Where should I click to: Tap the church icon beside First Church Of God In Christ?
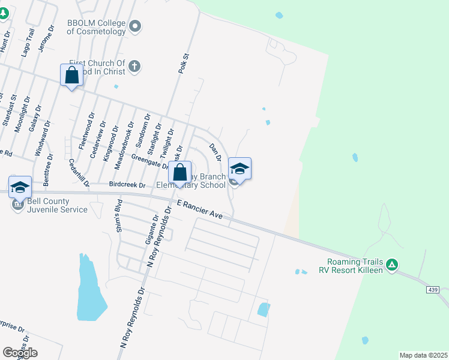click(135, 67)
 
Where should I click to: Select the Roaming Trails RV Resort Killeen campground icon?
click(391, 264)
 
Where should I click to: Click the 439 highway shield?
click(433, 290)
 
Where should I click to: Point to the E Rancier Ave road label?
click(200, 211)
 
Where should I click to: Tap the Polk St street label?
click(183, 64)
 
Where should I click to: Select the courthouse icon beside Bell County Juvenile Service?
click(16, 205)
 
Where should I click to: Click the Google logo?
click(20, 352)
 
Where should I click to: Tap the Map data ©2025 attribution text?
click(423, 355)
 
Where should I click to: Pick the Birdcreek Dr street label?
click(127, 185)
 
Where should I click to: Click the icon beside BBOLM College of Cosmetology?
click(135, 26)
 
